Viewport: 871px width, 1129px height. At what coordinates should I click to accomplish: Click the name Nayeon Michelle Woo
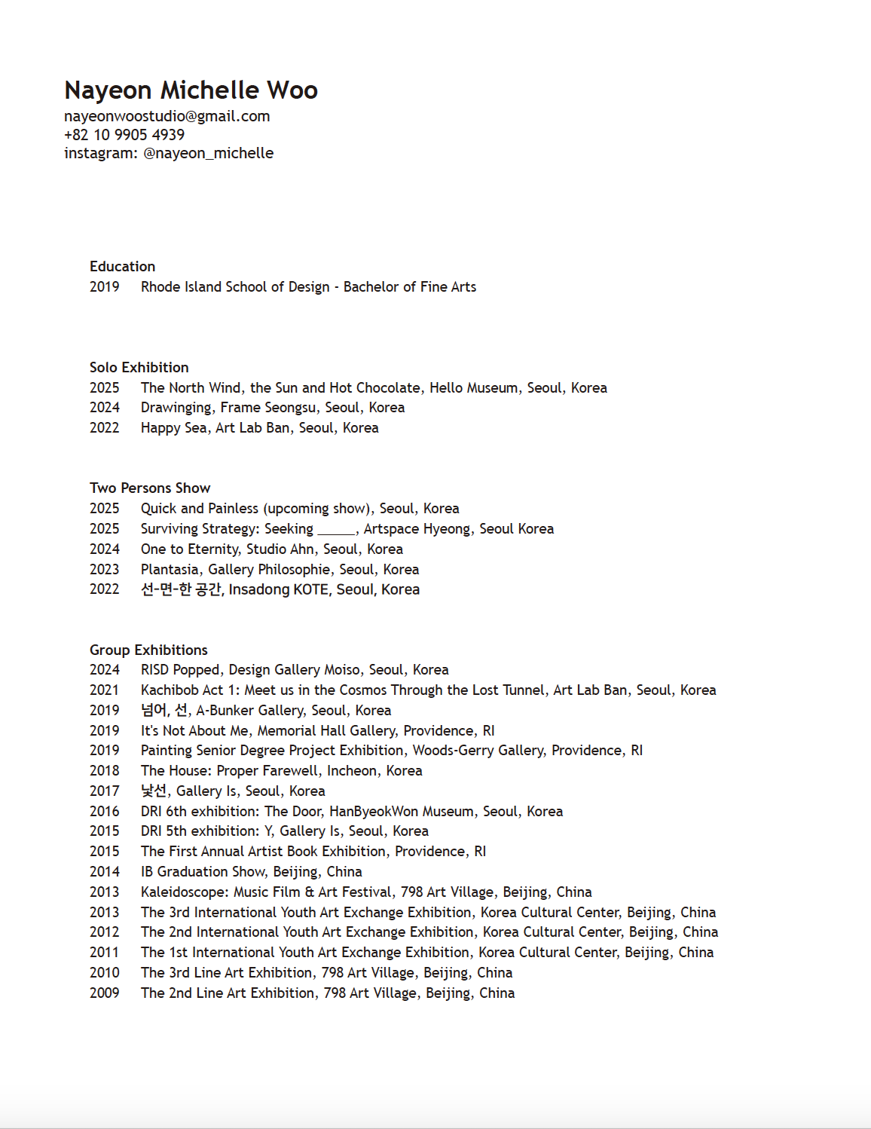(191, 90)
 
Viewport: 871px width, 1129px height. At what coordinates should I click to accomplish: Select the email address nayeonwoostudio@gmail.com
(167, 116)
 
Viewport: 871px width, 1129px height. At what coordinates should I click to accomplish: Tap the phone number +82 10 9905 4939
(124, 135)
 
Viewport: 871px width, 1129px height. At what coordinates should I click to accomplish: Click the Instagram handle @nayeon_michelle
(209, 153)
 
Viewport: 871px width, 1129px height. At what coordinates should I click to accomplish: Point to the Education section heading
(122, 267)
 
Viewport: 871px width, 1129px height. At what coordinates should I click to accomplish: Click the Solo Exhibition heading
(139, 368)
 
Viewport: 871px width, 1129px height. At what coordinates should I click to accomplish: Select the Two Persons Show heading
(150, 488)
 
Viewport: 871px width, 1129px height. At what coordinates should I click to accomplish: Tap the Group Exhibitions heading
(148, 650)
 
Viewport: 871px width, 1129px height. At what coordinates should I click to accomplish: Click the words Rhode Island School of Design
(235, 287)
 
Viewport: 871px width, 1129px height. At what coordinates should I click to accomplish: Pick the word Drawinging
(176, 408)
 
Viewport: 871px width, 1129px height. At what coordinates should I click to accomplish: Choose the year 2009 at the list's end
(105, 993)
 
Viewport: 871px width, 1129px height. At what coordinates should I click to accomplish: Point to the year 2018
(105, 771)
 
